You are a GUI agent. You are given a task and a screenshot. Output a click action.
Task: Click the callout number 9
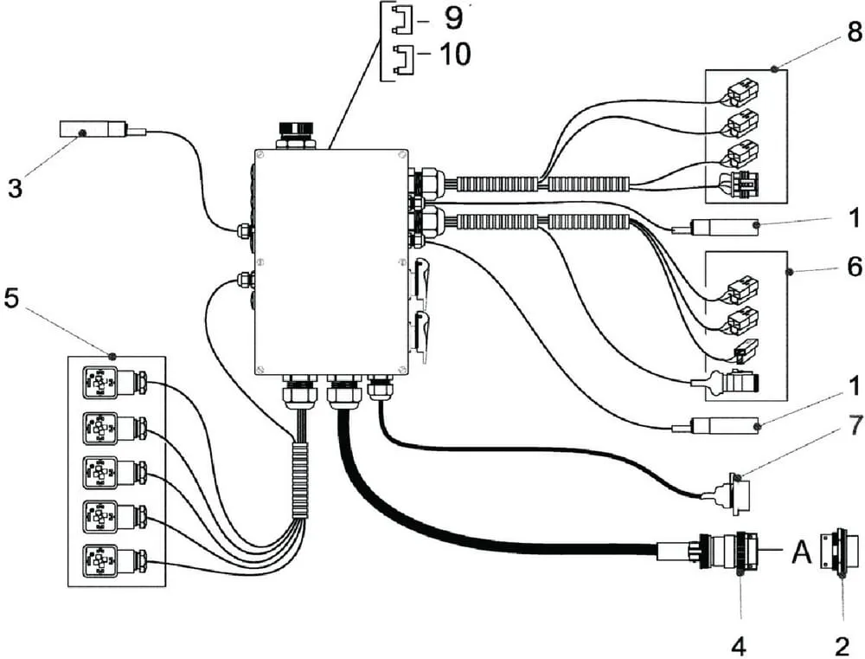point(454,19)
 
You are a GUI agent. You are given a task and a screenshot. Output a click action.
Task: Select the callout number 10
point(455,55)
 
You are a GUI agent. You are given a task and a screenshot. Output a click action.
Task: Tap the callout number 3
point(15,187)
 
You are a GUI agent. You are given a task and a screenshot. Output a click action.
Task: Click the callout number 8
point(855,32)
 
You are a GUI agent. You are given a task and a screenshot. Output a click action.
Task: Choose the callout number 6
point(855,267)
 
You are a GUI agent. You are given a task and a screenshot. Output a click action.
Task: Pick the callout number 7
point(855,425)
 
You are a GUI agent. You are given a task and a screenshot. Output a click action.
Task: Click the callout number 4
point(740,645)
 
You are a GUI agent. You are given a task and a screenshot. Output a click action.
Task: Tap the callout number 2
point(842,645)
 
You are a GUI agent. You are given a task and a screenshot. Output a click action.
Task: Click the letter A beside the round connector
point(802,551)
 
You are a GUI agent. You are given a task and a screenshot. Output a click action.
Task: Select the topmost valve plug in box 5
point(114,382)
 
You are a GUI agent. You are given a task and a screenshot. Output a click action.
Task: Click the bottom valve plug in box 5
point(114,562)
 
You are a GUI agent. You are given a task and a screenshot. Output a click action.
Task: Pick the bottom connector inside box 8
point(740,184)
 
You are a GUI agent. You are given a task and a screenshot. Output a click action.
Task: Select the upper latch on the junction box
point(420,281)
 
